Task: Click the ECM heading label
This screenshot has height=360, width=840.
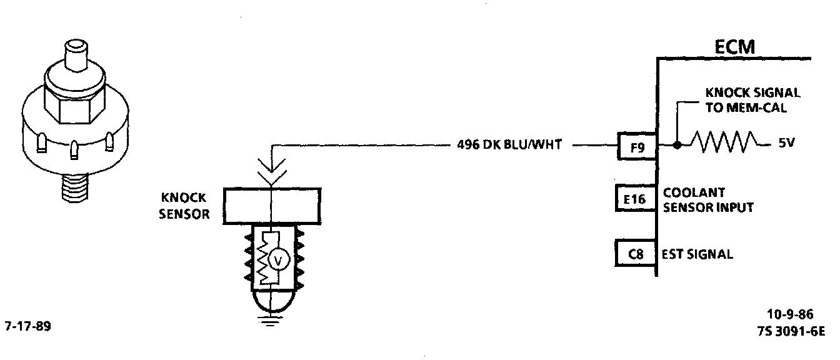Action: click(734, 47)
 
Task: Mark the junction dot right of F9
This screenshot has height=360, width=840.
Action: click(677, 145)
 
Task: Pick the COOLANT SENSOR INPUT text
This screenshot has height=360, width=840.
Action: click(707, 200)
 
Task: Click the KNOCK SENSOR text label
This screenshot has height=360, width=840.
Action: click(184, 207)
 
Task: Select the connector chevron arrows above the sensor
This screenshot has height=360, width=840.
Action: click(271, 168)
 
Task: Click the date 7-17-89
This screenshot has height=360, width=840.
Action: click(28, 326)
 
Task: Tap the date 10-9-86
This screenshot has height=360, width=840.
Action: click(790, 314)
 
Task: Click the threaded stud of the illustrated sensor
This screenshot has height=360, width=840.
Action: click(74, 186)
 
